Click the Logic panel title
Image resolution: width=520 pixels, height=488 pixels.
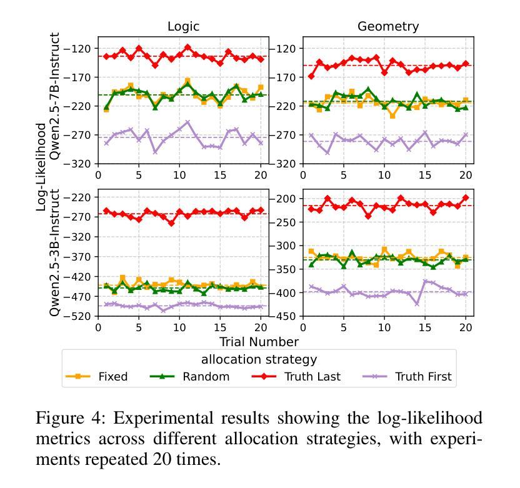[x=183, y=26]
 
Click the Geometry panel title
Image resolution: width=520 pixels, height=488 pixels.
[x=388, y=26]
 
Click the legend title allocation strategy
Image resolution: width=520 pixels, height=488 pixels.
[x=259, y=359]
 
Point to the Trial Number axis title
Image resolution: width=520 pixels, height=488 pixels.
[x=259, y=342]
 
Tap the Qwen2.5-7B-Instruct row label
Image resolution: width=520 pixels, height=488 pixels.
[x=56, y=97]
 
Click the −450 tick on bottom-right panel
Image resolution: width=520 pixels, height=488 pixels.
[x=285, y=316]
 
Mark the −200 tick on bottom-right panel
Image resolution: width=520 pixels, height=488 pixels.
[x=285, y=199]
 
